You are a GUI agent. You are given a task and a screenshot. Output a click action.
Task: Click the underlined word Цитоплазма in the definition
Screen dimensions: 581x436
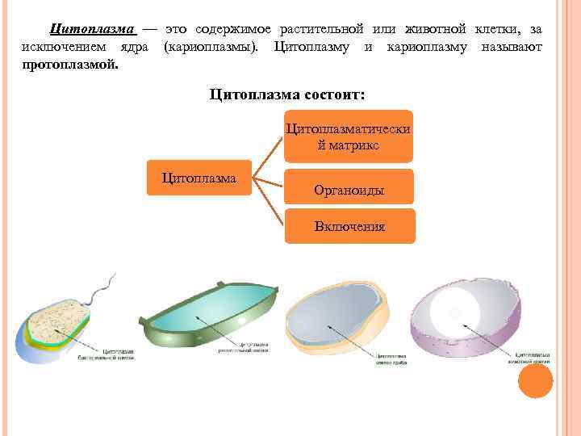pyautogui.click(x=92, y=29)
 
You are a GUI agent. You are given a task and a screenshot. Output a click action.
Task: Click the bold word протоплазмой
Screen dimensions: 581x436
pyautogui.click(x=70, y=63)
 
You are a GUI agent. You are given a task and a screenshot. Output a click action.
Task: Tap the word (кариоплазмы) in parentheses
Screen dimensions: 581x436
pyautogui.click(x=211, y=46)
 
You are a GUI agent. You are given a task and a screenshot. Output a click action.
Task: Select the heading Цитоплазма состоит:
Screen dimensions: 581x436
pyautogui.click(x=286, y=94)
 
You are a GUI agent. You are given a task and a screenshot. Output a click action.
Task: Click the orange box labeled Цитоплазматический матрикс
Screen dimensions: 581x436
pyautogui.click(x=349, y=136)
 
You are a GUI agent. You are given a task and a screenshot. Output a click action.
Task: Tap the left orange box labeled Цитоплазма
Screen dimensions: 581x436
pyautogui.click(x=199, y=177)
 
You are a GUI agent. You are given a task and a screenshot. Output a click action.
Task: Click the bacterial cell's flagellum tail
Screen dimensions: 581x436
pyautogui.click(x=102, y=287)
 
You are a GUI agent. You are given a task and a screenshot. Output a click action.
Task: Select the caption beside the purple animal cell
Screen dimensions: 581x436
pyautogui.click(x=532, y=357)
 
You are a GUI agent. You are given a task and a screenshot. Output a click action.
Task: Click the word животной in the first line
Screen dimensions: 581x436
pyautogui.click(x=428, y=29)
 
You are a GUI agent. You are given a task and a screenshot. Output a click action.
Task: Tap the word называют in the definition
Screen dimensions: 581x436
pyautogui.click(x=512, y=46)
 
